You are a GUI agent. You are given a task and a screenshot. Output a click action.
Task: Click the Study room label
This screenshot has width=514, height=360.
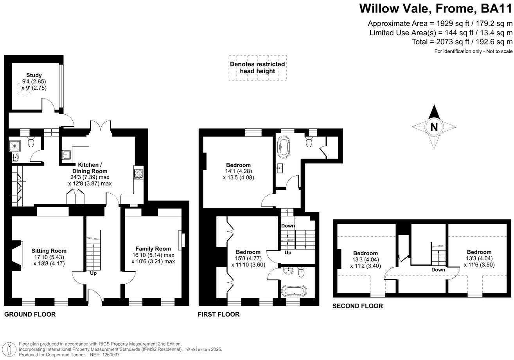click(x=34, y=75)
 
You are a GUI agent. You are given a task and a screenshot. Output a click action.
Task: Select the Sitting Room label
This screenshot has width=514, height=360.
click(x=49, y=251)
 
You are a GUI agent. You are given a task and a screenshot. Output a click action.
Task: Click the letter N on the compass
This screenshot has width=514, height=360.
click(x=433, y=127)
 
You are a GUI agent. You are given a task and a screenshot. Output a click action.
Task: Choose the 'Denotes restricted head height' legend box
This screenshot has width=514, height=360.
click(x=257, y=68)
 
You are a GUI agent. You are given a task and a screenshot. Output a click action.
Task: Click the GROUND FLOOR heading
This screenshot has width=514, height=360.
click(x=30, y=314)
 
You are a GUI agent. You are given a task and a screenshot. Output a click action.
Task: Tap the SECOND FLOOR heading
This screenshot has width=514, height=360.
click(x=358, y=306)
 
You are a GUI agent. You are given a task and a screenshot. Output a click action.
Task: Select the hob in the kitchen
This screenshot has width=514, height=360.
click(x=139, y=173)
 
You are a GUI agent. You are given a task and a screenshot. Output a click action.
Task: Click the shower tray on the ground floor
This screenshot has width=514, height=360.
click(x=15, y=146)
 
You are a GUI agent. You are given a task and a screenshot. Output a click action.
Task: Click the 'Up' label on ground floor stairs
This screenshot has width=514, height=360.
click(x=93, y=273)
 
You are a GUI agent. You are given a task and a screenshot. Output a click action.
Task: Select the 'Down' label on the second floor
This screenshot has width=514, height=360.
click(x=438, y=270)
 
